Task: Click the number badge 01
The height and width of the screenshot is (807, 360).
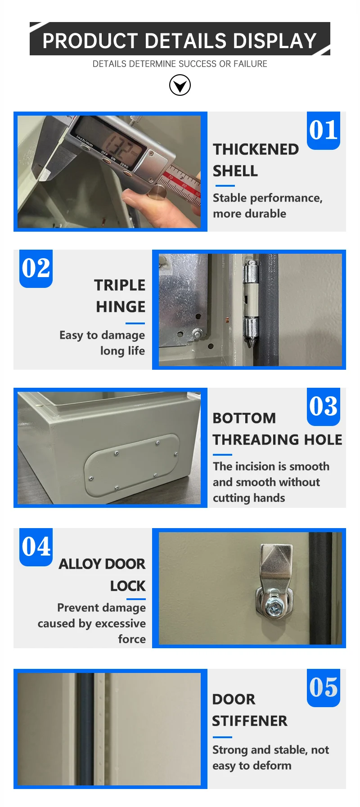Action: pos(323,130)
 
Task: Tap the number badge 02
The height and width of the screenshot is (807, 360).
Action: pos(36,269)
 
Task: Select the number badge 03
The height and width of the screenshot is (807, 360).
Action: pos(323,407)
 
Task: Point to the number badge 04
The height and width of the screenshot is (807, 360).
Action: pos(36,547)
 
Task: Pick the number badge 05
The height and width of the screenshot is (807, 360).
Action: pos(323,687)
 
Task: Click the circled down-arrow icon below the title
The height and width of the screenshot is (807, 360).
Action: pos(180,85)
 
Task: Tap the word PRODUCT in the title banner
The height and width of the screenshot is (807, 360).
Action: pos(90,41)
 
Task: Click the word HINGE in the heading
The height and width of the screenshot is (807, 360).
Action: pos(121,307)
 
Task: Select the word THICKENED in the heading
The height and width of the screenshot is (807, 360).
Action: pos(256,149)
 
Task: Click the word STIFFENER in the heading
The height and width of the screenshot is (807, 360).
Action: pos(249,721)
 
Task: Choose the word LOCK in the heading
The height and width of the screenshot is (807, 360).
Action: pos(128,586)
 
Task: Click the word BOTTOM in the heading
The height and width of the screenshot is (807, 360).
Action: pos(244,418)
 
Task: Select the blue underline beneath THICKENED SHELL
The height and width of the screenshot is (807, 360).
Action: pos(225,185)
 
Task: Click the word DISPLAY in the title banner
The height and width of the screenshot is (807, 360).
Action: pos(274,41)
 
